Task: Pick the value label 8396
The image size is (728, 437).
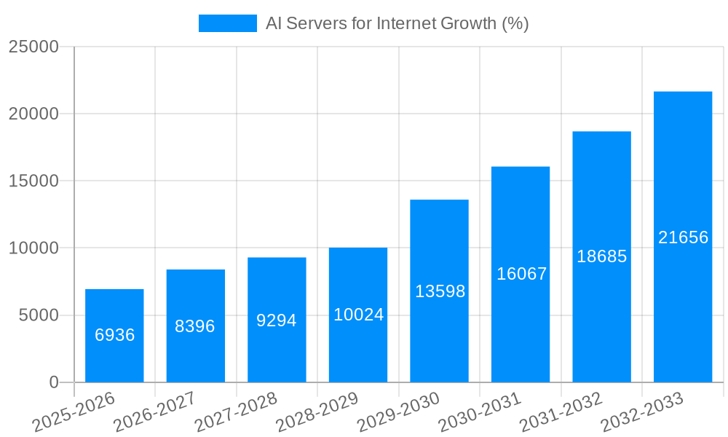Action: point(195,326)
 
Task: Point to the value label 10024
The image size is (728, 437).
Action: point(358,315)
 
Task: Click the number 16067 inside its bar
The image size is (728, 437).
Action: point(521,274)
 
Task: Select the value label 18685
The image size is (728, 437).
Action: point(602,256)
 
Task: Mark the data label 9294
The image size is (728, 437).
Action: point(277,320)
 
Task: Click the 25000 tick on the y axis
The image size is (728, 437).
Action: point(33,47)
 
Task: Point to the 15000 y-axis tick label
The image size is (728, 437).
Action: point(33,181)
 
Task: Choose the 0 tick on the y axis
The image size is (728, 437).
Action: point(54,382)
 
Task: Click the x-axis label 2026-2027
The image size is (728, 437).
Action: point(155,412)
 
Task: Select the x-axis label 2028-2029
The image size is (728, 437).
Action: point(317,412)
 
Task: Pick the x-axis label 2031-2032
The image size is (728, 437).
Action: point(561,412)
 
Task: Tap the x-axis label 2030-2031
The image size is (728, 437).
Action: point(480,412)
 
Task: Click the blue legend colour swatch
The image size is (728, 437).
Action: point(228,23)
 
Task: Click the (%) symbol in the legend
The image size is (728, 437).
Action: point(515,23)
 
